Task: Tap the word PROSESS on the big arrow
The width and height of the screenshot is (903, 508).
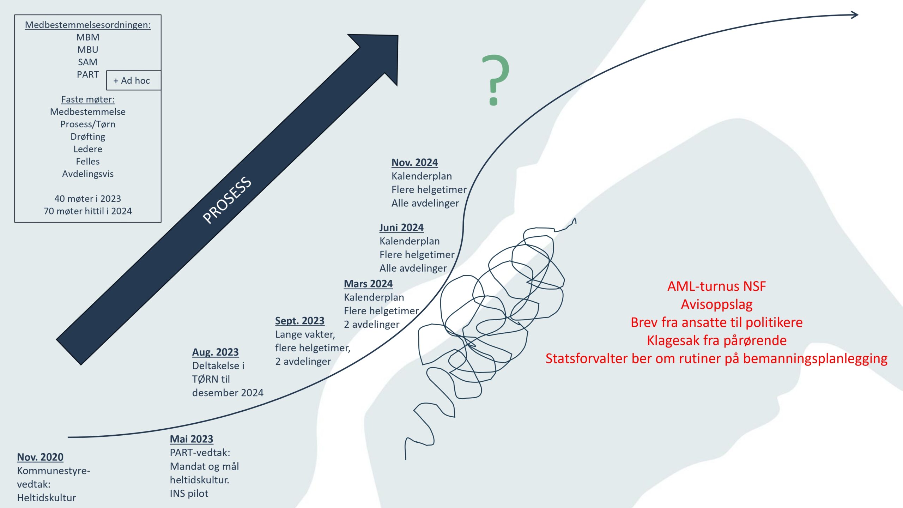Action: tap(227, 200)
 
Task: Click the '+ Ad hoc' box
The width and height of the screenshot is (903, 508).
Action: tap(134, 80)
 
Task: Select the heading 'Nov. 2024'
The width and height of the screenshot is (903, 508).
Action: tap(414, 163)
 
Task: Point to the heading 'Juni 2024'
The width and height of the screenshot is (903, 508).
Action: tap(401, 228)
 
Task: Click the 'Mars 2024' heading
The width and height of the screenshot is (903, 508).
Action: tap(368, 284)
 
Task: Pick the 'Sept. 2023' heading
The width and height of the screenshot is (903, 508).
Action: tap(300, 321)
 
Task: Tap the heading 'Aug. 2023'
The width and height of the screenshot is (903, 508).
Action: tap(216, 352)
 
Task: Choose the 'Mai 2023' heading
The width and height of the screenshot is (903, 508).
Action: tap(192, 439)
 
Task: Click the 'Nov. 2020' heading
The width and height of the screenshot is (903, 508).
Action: tap(40, 457)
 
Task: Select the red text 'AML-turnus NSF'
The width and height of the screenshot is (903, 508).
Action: tap(717, 286)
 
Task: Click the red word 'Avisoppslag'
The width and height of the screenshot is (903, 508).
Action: tap(717, 304)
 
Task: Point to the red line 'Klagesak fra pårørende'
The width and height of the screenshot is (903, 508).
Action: tap(717, 340)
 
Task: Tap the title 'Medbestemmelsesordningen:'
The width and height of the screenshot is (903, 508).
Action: tap(88, 25)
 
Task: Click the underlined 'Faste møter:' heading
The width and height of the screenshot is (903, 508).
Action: tap(88, 99)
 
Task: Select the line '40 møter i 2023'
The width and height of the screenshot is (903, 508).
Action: tap(88, 199)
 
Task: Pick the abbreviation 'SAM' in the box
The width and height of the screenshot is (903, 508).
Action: tap(87, 62)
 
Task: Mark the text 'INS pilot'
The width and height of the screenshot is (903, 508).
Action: tap(189, 494)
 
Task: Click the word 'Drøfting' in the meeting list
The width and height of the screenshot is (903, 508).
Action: tap(88, 137)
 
